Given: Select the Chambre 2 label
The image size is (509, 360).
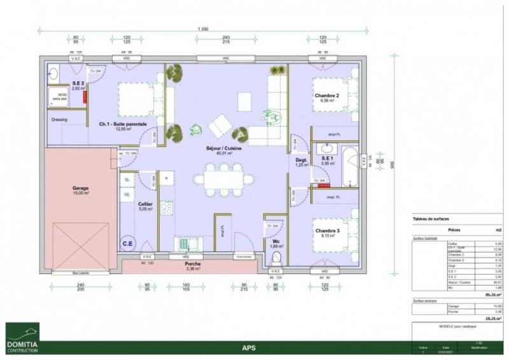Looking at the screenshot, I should pos(326,96).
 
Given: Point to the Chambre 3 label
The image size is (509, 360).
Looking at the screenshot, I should pos(326,231).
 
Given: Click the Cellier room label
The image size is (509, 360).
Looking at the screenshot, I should pos(146,204).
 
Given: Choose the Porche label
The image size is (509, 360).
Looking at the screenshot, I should pos(193,264).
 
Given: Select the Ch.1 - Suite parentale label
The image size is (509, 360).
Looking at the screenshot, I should pos(122,124).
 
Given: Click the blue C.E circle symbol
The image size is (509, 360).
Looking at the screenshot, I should pos(127,242).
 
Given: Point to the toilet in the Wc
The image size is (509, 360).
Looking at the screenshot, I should pos(275,258).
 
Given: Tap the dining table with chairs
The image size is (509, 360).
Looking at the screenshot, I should pos(222,180).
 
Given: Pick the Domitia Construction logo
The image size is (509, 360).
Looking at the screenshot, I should pos(22,336).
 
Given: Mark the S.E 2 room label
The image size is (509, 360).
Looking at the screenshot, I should pos(78,84).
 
